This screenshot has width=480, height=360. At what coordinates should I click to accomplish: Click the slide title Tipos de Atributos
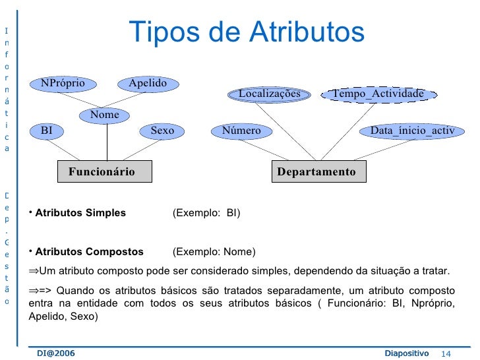point(246,32)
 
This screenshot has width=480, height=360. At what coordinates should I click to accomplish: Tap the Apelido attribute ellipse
point(148,83)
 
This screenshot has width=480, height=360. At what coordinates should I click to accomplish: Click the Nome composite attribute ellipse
point(104,115)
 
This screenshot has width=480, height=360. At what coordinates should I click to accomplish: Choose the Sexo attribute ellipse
point(162,131)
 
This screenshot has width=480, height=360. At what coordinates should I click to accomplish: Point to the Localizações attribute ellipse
point(269,94)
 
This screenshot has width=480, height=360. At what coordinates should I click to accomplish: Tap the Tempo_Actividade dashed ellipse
point(378,94)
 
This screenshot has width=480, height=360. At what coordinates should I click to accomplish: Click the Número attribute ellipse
point(241,131)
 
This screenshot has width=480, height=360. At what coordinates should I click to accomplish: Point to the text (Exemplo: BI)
point(206,214)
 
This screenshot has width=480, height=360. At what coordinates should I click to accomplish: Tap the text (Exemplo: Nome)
point(214,252)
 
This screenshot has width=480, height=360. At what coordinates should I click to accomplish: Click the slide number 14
point(453,354)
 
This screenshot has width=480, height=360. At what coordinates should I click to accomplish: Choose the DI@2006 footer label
point(56,354)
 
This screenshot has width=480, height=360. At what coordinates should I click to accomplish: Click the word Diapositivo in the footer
point(406,354)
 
